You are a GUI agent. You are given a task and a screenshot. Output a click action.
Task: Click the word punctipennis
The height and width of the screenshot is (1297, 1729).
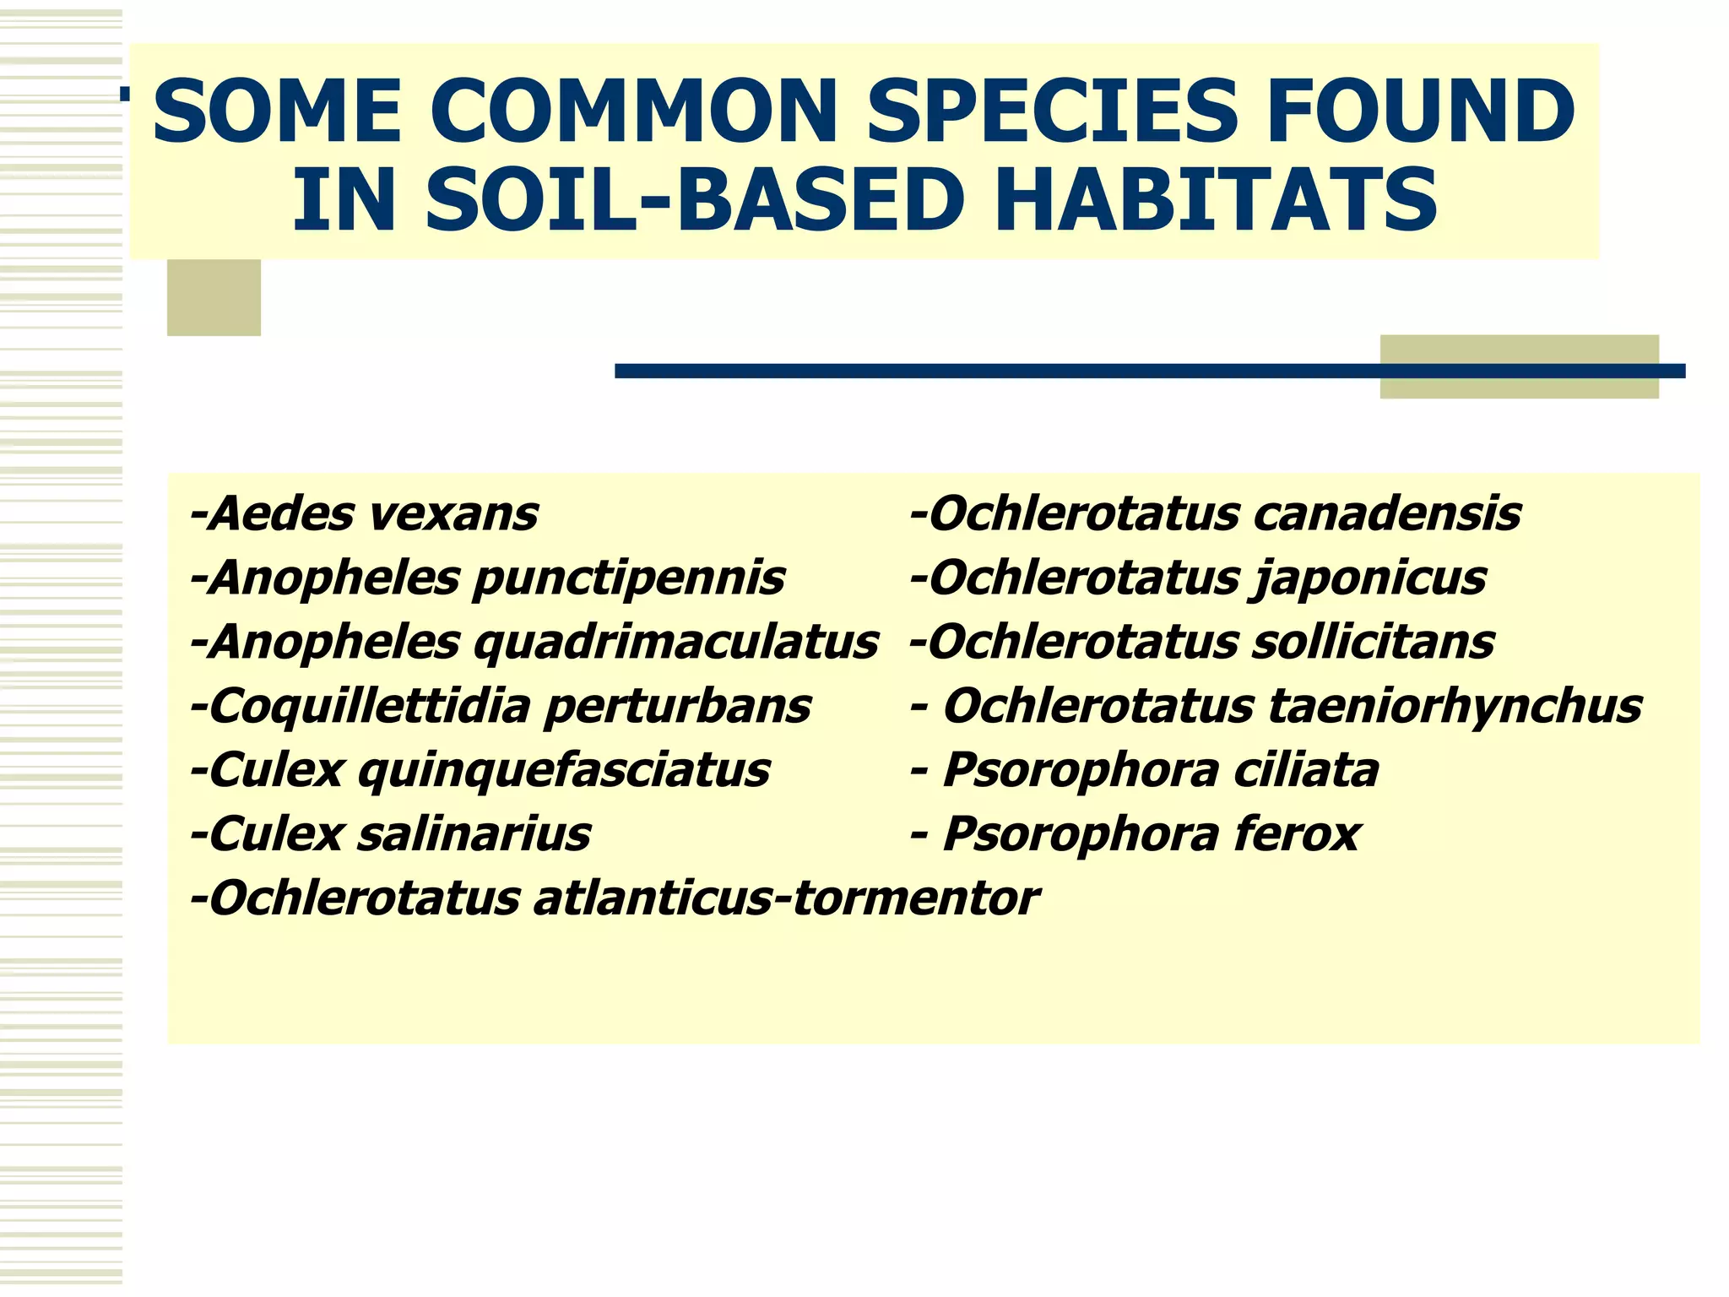click(x=628, y=579)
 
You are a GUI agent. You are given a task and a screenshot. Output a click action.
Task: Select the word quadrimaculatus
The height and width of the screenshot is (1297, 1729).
click(x=675, y=643)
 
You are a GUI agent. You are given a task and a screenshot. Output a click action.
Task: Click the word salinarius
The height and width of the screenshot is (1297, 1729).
click(x=474, y=834)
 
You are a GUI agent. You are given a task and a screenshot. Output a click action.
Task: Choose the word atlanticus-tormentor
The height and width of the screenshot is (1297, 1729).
click(x=786, y=898)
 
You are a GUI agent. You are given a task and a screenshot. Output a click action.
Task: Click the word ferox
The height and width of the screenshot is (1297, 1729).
click(x=1296, y=834)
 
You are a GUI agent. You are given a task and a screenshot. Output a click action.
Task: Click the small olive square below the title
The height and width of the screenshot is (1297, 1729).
click(x=214, y=297)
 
